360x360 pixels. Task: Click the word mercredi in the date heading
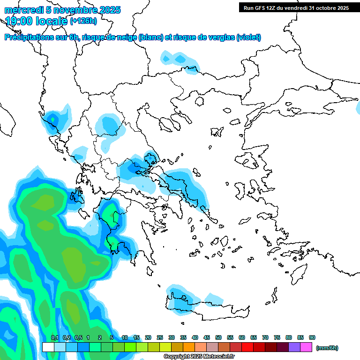click(x=23, y=10)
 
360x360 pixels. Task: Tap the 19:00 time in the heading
click(x=18, y=21)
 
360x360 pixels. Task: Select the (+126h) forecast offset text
click(x=84, y=21)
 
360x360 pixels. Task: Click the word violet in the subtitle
click(x=248, y=37)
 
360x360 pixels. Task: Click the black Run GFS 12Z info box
click(x=296, y=7)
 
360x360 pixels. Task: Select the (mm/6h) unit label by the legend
click(x=327, y=348)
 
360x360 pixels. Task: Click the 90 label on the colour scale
click(x=312, y=337)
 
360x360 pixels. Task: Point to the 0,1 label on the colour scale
click(x=54, y=337)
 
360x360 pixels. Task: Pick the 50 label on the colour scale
click(x=218, y=337)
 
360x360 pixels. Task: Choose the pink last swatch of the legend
click(x=306, y=347)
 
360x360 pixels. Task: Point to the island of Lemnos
click(x=217, y=131)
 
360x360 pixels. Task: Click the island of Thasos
click(x=200, y=101)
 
